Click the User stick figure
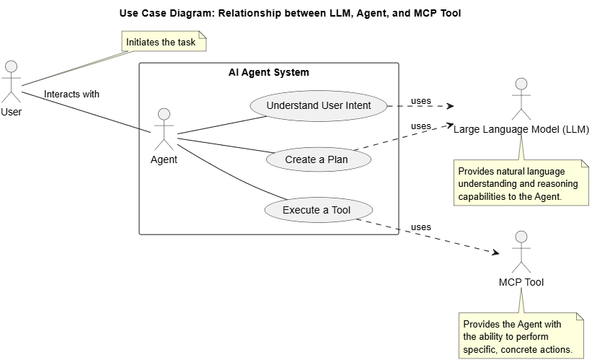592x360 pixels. [11, 81]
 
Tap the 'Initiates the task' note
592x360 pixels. [161, 43]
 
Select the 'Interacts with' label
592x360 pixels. [71, 94]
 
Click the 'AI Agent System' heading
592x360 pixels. [268, 73]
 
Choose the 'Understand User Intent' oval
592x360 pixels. [319, 105]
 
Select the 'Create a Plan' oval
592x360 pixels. [319, 159]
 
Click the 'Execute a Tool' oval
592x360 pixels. [319, 211]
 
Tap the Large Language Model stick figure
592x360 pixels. [521, 99]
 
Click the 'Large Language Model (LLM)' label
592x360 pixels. [521, 130]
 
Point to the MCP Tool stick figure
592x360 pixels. [521, 252]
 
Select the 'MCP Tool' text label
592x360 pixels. [521, 282]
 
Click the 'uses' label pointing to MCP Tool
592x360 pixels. [421, 227]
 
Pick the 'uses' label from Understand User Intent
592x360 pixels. [421, 100]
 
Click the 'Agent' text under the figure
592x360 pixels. [164, 159]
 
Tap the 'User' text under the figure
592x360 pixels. [11, 112]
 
